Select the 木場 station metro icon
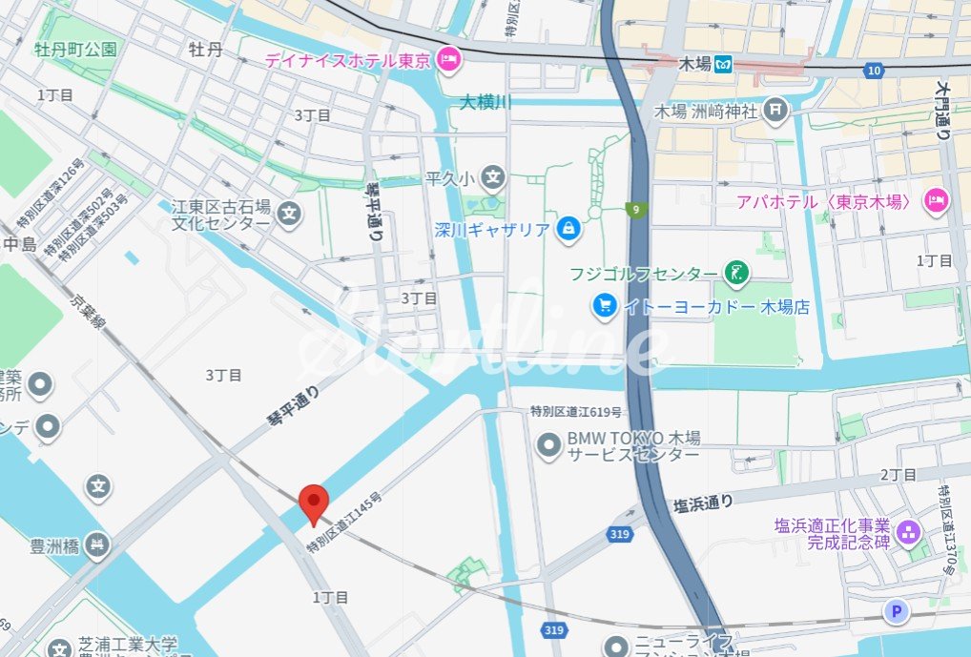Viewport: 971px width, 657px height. coord(724,65)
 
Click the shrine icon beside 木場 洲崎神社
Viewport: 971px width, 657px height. coord(775,111)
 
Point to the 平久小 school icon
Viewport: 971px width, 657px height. coord(492,176)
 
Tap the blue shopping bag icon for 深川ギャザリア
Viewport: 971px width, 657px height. coord(568,228)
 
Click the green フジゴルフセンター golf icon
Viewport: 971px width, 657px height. coord(735,273)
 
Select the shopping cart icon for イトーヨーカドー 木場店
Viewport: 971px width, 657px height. coord(604,305)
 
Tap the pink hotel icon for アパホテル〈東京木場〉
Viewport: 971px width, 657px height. coord(937,201)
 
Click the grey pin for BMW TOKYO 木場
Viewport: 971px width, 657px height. coord(548,444)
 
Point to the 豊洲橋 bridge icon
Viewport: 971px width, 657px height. coord(96,545)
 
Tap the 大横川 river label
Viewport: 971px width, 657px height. coord(485,101)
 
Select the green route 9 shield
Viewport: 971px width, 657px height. coord(633,208)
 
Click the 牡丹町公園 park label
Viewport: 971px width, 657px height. coord(75,49)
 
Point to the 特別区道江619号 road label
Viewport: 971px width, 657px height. coord(576,413)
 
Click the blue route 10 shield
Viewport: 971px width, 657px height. coord(875,71)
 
